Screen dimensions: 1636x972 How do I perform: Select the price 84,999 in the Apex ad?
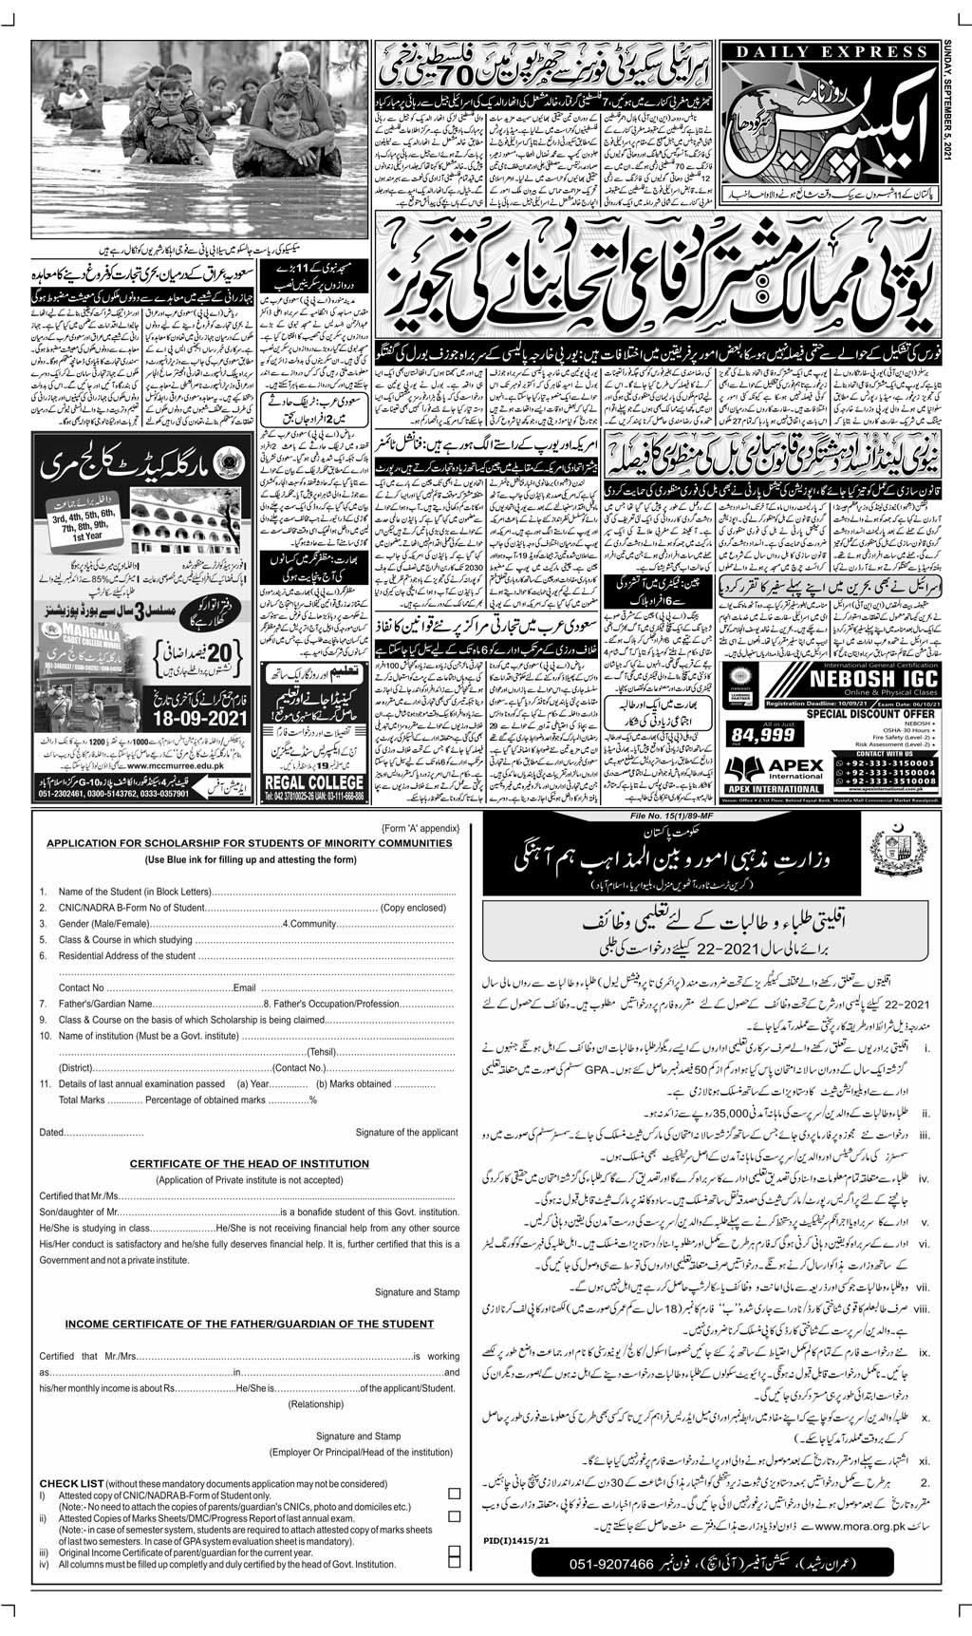click(x=753, y=732)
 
